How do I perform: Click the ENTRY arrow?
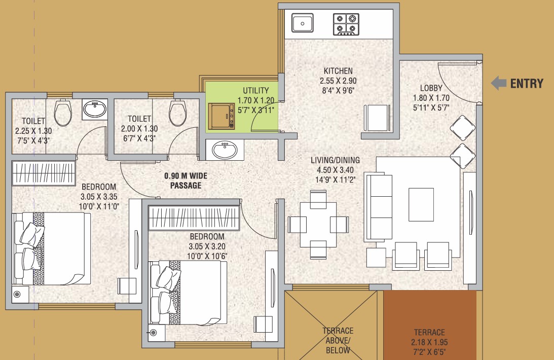(x=499, y=83)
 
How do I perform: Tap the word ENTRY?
(x=527, y=84)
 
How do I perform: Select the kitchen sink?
(x=303, y=23)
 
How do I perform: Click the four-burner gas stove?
(x=346, y=24)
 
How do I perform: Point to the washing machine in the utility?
(x=221, y=116)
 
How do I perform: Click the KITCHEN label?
(x=338, y=70)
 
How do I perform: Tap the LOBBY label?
(x=431, y=88)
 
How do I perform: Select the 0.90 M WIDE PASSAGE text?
(x=186, y=181)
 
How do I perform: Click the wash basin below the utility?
(x=225, y=150)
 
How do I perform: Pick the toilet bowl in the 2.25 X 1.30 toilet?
(x=63, y=113)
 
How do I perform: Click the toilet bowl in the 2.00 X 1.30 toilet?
(x=178, y=113)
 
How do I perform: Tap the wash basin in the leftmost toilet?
(x=95, y=110)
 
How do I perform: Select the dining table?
(x=318, y=224)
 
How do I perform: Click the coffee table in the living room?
(x=421, y=204)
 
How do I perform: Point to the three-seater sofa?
(x=378, y=207)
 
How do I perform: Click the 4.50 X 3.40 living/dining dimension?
(x=336, y=170)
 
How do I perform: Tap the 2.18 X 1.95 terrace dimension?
(x=429, y=342)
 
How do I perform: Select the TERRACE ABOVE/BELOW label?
(x=338, y=341)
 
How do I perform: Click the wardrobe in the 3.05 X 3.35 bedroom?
(x=44, y=173)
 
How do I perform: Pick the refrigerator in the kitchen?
(x=377, y=118)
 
